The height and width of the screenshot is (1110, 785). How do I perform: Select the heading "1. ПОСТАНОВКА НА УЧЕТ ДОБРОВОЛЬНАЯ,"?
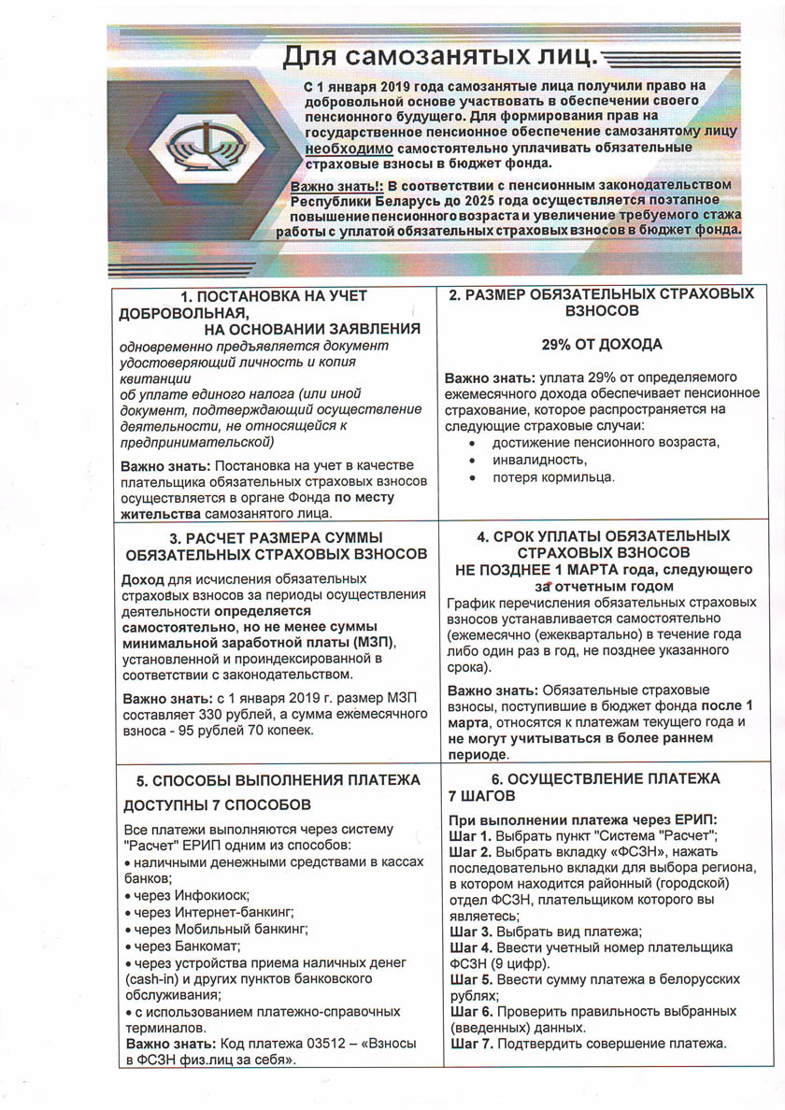point(252,304)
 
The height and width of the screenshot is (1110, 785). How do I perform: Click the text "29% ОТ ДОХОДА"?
point(602,345)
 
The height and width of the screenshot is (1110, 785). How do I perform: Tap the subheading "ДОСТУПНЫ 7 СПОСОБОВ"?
point(219,804)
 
